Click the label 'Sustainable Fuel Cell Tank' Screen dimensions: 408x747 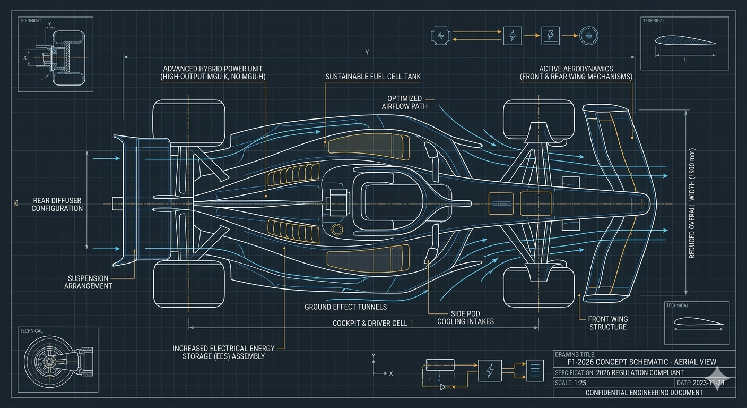pyautogui.click(x=373, y=76)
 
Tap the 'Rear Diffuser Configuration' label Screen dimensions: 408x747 pyautogui.click(x=57, y=205)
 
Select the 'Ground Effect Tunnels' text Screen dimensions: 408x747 pyautogui.click(x=345, y=307)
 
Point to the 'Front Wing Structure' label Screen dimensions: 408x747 pyautogui.click(x=607, y=323)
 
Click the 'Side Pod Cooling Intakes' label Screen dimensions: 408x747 pyautogui.click(x=465, y=318)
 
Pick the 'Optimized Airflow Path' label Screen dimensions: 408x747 pyautogui.click(x=404, y=103)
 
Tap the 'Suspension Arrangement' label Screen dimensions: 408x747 pyautogui.click(x=88, y=282)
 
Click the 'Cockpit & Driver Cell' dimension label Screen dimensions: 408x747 pyautogui.click(x=370, y=323)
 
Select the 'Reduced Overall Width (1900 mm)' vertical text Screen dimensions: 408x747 pyautogui.click(x=692, y=203)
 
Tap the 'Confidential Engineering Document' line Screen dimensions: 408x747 pyautogui.click(x=644, y=393)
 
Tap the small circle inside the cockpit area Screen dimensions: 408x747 pyautogui.click(x=336, y=229)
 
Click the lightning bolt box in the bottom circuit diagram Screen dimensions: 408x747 pyautogui.click(x=490, y=370)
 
